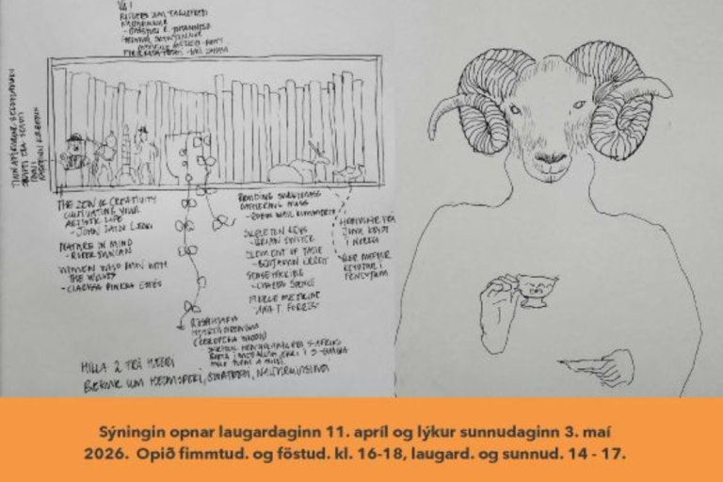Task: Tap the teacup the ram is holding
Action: [x=533, y=289]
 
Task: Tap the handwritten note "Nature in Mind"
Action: [x=87, y=243]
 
